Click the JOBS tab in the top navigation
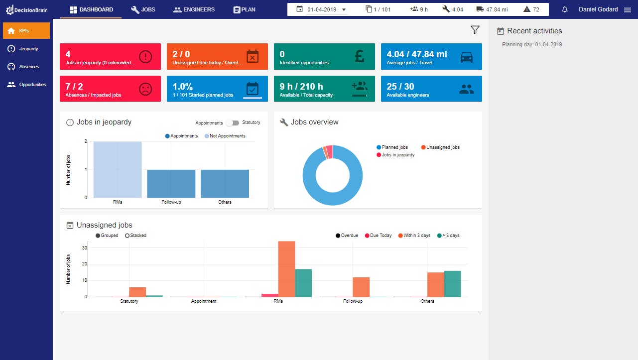[143, 9]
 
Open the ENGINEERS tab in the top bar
[194, 9]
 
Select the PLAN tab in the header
[244, 9]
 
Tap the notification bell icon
[564, 9]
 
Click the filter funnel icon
[475, 29]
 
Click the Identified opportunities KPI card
[324, 56]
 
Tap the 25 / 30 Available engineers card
[431, 89]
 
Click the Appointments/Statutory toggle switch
[233, 123]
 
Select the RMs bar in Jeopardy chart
[118, 169]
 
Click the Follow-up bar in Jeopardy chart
[171, 184]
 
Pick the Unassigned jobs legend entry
[440, 147]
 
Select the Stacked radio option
[135, 236]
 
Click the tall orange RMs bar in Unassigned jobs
[286, 269]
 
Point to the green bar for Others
[452, 284]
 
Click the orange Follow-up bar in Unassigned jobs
[361, 287]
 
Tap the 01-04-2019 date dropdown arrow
[344, 9]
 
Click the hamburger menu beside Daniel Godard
[627, 9]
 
